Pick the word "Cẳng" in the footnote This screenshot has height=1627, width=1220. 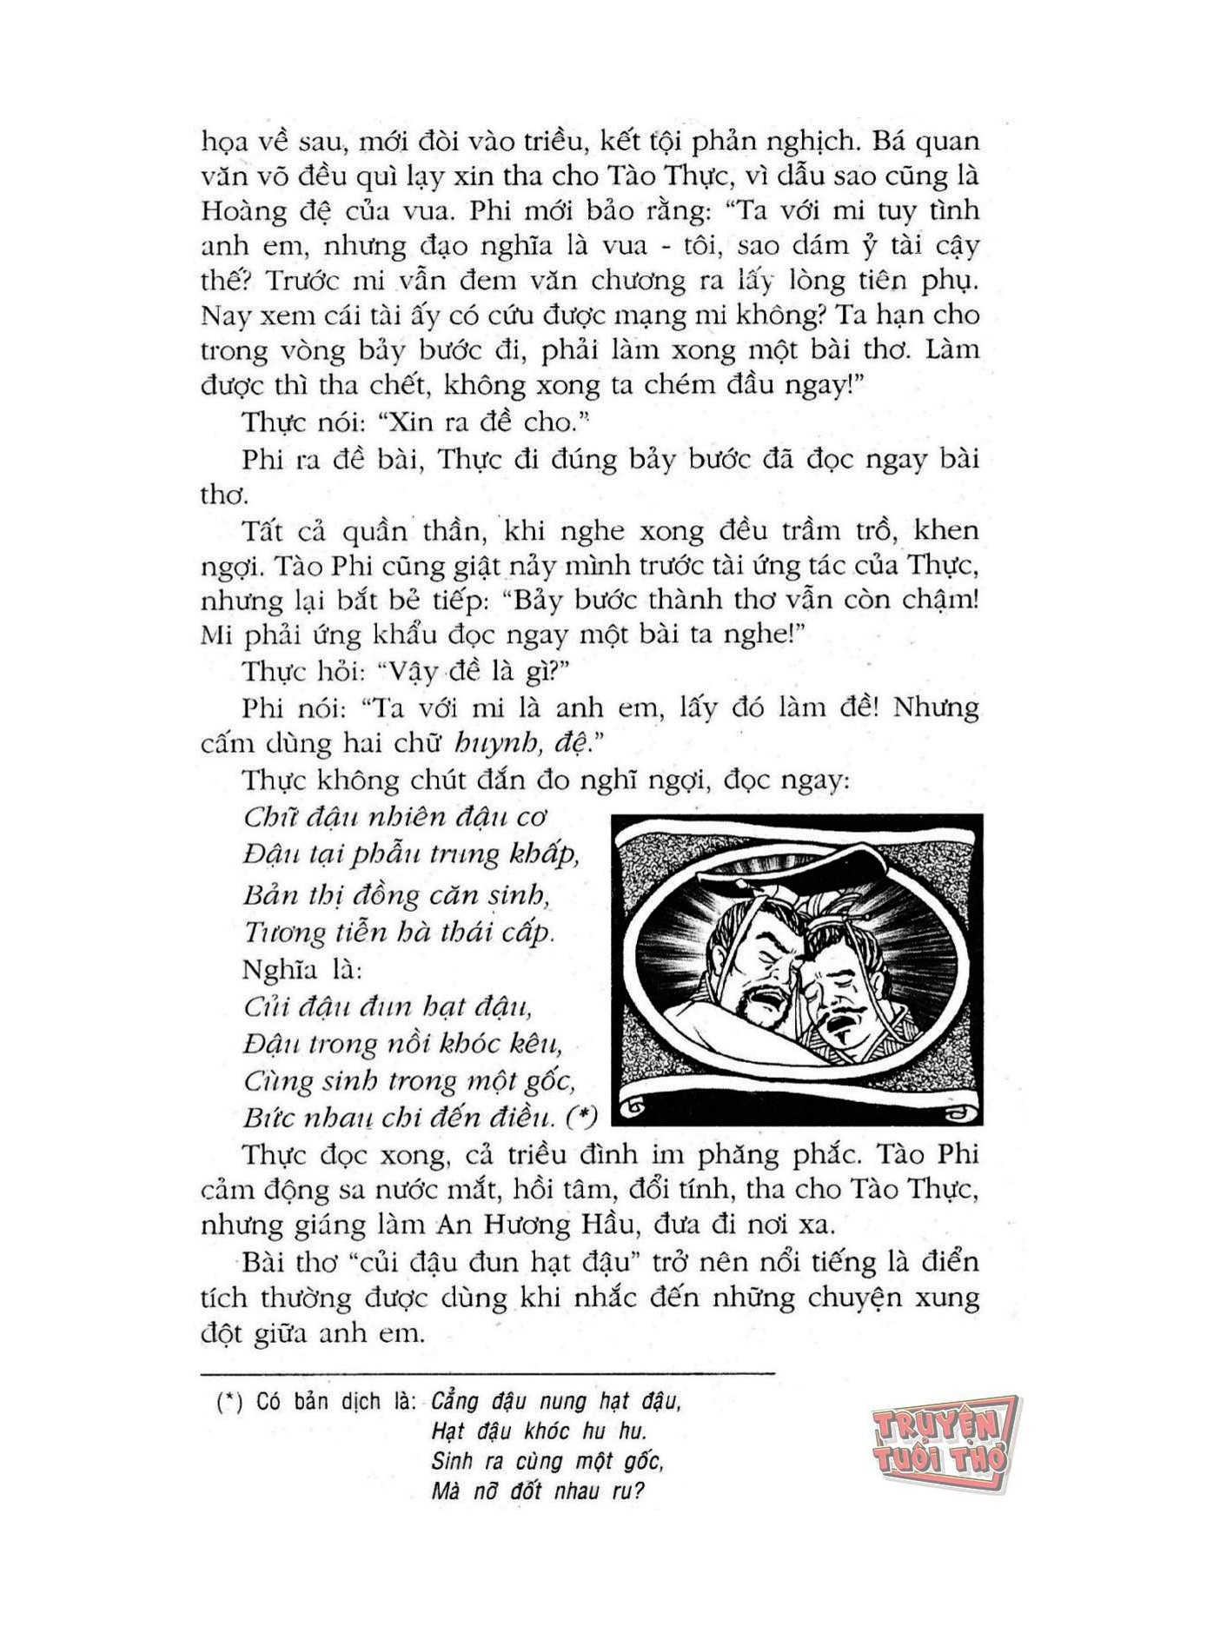pyautogui.click(x=454, y=1402)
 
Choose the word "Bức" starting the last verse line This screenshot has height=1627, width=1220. pyautogui.click(x=264, y=1117)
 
